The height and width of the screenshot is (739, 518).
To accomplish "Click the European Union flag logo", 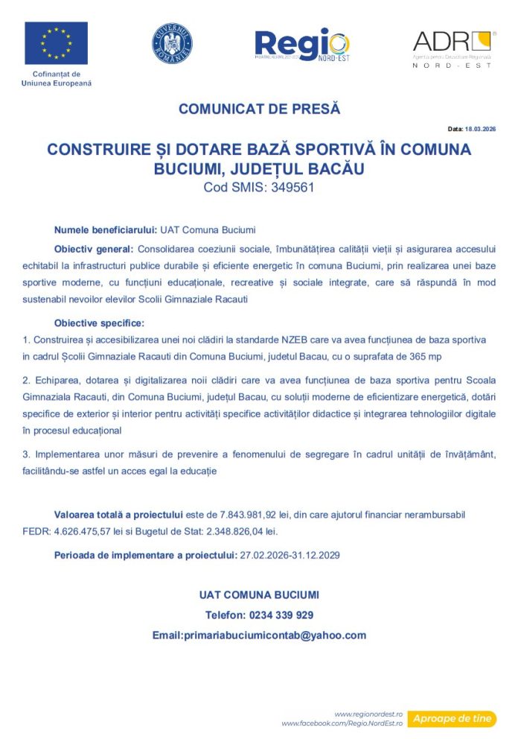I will pos(56,42).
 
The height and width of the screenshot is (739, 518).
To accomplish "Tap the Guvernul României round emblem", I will pos(172,42).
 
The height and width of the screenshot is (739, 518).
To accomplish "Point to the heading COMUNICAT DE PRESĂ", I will pos(259,109).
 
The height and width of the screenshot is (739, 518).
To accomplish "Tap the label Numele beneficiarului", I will pos(105,229).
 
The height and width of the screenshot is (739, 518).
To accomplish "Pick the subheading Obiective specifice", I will pos(99,323).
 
